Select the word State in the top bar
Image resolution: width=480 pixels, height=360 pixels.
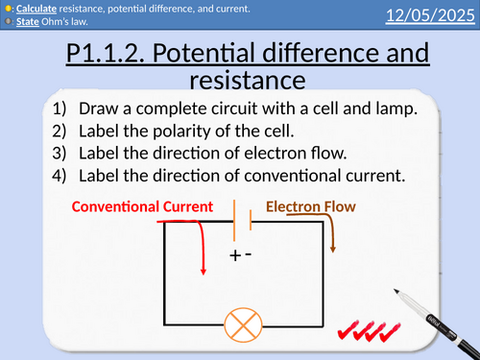point(26,22)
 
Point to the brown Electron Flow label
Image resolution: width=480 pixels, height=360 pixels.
point(309,205)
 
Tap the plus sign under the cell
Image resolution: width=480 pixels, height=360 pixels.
point(233,256)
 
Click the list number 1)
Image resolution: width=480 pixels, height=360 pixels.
point(63,108)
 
